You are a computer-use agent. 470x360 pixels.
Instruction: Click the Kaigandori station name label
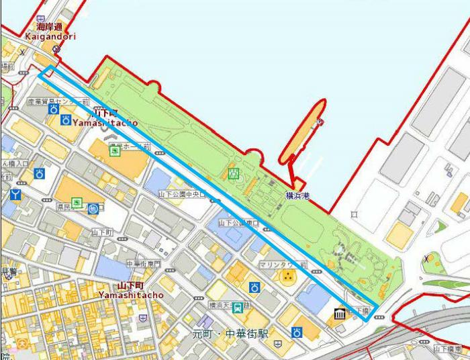(x=51, y=38)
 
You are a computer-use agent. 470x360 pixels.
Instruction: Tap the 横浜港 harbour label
(x=295, y=195)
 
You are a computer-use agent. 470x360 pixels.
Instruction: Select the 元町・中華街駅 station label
(x=229, y=333)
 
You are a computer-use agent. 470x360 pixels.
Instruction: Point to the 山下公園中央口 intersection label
(x=181, y=194)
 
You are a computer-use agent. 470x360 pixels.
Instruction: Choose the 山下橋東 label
(x=448, y=349)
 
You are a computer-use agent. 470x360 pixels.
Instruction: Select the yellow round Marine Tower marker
(x=287, y=277)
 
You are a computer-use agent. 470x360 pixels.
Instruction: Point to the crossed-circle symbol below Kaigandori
(x=56, y=49)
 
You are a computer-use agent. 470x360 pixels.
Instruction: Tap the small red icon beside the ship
(x=320, y=122)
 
